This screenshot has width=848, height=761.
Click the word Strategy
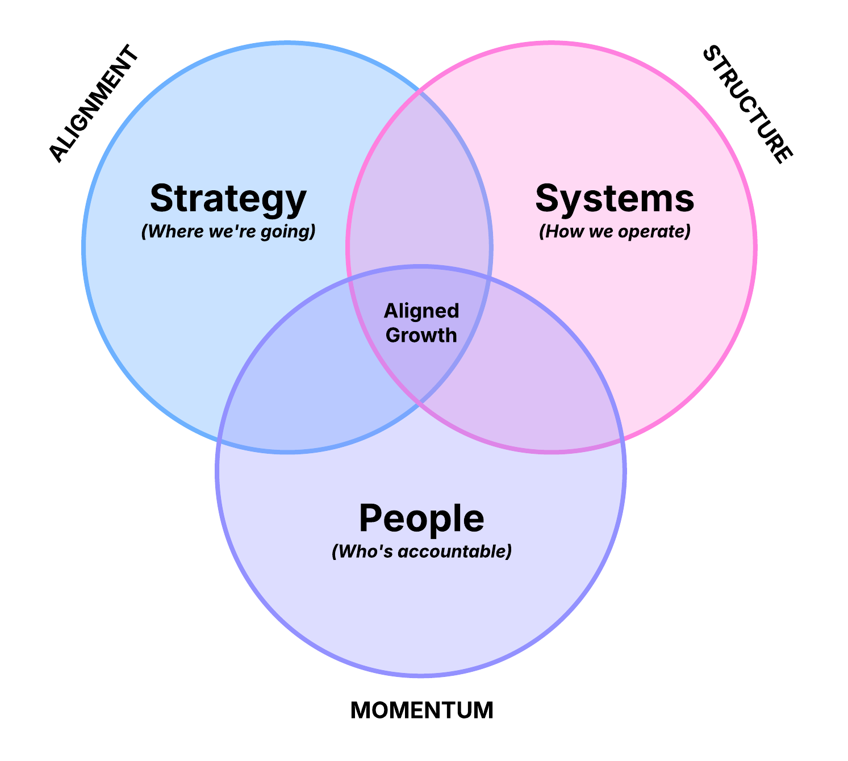point(228,199)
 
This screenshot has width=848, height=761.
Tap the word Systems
point(615,199)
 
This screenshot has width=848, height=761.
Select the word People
point(421,519)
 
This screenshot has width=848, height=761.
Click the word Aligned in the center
point(421,311)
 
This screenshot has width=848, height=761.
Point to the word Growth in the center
point(421,335)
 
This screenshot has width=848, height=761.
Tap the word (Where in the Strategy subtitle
point(165,232)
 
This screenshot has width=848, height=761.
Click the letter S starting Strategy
point(161,198)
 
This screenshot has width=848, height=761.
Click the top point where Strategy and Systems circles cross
point(421,91)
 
